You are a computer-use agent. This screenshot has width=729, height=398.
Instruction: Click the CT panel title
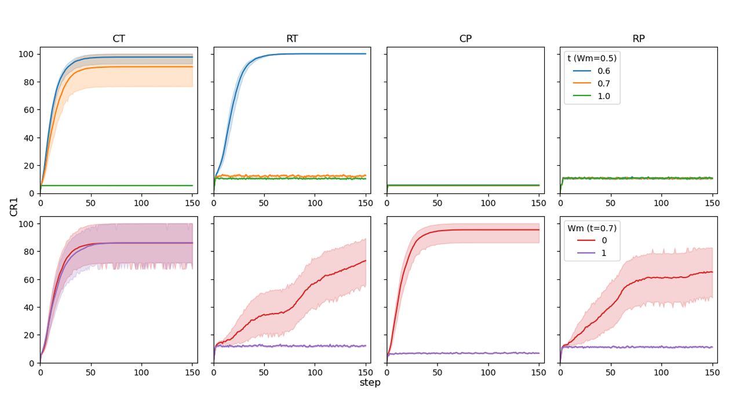coord(118,39)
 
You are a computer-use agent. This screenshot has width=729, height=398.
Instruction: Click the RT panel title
coord(292,39)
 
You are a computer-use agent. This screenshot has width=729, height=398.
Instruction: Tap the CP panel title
coord(465,39)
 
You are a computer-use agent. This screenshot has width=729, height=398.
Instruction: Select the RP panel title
coord(639,39)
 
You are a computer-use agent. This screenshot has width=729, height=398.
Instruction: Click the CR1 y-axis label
coord(14,206)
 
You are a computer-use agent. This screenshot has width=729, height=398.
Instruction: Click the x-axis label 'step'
coord(370,383)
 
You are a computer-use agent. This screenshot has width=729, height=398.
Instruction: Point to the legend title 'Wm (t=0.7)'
coord(592,228)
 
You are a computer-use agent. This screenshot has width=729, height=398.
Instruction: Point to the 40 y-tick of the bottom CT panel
coord(30,308)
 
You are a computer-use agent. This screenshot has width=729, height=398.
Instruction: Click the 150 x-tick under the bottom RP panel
coord(712,372)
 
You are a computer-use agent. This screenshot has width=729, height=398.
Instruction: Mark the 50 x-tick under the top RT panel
coord(264,202)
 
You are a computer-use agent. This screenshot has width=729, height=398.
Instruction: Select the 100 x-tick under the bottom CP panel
coord(488,372)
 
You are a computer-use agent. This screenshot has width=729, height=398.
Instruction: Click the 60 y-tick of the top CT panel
coord(30,110)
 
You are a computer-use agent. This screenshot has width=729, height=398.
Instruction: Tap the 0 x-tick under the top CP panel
coord(387,202)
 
